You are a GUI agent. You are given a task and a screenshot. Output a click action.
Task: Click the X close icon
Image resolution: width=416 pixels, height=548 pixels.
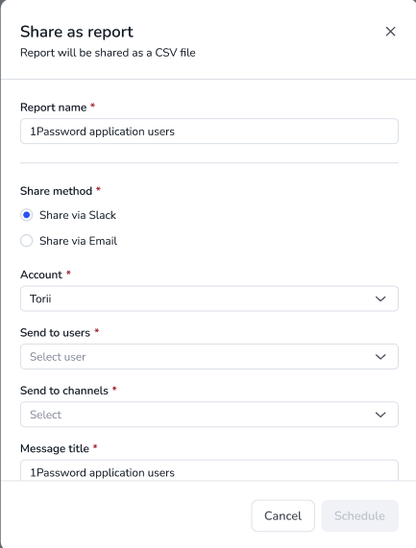390,32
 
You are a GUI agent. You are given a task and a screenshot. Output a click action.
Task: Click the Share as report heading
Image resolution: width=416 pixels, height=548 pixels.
77,32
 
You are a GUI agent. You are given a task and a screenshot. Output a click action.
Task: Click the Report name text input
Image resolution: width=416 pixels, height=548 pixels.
209,131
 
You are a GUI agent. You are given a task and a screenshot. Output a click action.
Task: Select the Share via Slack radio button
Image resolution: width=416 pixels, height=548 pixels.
27,215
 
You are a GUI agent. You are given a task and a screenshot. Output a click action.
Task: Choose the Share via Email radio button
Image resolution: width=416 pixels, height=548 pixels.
27,241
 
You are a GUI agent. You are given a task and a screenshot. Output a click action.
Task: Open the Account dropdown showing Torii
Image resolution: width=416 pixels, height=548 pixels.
209,298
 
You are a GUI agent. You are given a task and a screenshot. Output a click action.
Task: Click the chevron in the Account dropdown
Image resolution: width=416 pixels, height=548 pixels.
380,298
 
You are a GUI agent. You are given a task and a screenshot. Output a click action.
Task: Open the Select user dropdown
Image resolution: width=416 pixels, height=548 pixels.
209,356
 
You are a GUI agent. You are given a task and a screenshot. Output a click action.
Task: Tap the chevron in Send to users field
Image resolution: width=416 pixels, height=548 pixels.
380,357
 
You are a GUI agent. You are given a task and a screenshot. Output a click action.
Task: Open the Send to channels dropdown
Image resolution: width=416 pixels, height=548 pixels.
209,415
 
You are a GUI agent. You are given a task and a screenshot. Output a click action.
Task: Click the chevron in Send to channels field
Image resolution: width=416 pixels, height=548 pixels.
380,415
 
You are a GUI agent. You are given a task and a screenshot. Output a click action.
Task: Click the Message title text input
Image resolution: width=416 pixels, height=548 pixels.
209,470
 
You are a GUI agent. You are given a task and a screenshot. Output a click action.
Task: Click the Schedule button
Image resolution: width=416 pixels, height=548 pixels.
359,515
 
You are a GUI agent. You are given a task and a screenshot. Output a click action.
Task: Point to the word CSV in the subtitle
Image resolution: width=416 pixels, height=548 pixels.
165,53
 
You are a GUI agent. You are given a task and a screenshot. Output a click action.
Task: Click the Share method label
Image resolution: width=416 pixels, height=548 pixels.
56,191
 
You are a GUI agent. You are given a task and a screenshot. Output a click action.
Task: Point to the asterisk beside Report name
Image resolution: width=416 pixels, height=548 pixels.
93,106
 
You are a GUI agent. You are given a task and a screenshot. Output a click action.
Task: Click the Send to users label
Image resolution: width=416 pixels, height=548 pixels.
55,332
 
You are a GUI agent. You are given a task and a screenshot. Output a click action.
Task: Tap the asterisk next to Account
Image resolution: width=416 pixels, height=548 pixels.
68,273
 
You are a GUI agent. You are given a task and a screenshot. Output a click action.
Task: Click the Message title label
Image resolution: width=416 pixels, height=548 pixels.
55,448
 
